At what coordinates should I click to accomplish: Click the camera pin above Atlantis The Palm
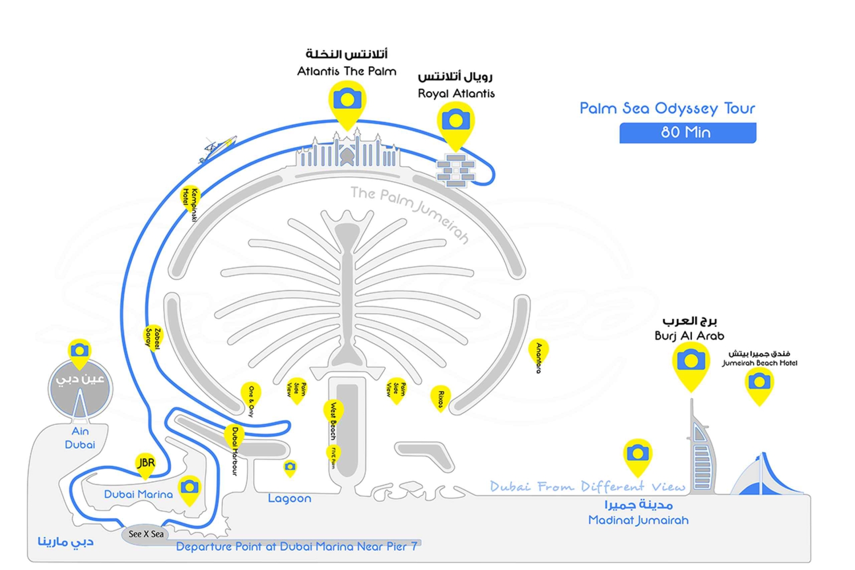click(347, 101)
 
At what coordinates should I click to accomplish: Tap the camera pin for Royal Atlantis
click(455, 121)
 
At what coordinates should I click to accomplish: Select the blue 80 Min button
click(687, 133)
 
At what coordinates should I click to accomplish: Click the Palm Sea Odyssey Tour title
click(667, 108)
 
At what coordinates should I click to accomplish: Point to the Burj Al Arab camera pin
click(691, 362)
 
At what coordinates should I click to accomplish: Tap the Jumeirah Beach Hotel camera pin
click(759, 382)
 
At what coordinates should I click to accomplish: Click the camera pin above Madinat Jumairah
click(637, 454)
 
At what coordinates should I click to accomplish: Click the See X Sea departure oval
click(145, 534)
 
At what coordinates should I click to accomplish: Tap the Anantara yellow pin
click(538, 353)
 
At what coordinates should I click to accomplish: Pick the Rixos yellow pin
click(440, 397)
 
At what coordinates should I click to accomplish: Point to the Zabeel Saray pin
click(153, 337)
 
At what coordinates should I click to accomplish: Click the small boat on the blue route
click(218, 148)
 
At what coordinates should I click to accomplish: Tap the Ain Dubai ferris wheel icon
click(80, 390)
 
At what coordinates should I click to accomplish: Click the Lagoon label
click(290, 499)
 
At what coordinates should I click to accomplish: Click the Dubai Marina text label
click(138, 494)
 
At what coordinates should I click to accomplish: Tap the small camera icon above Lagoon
click(290, 468)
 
